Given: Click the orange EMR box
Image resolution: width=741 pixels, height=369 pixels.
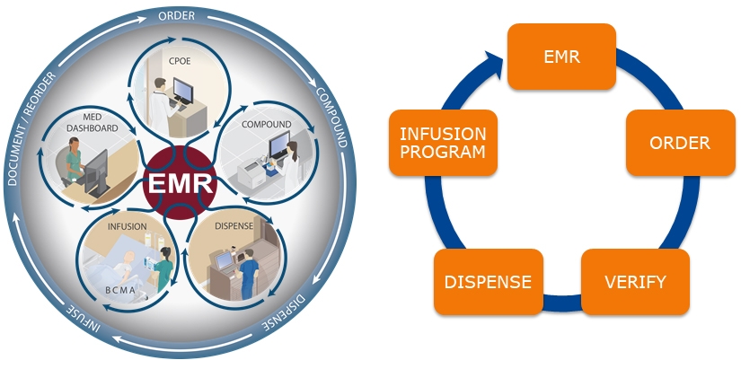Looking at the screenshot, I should [561, 57].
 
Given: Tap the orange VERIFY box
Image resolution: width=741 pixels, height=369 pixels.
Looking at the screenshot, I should [636, 282].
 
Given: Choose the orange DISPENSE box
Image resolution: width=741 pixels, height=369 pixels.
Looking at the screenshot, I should [488, 282].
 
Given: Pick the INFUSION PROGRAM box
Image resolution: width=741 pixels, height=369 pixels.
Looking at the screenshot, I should [443, 143].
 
